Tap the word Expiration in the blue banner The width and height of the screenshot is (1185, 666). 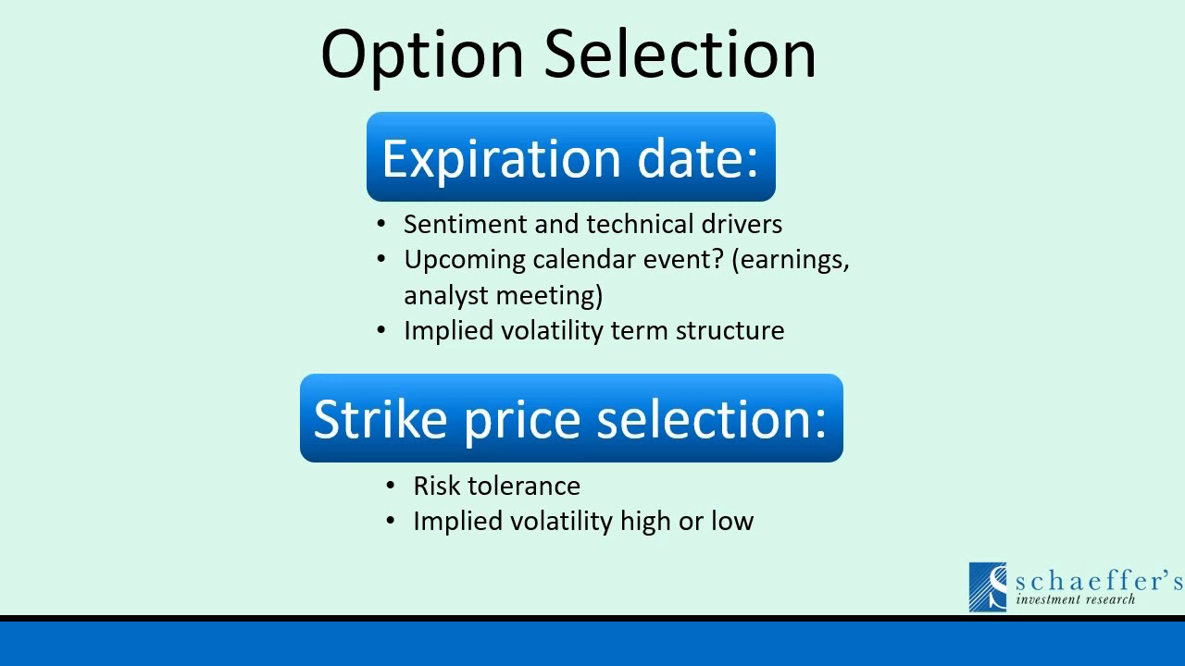(x=501, y=159)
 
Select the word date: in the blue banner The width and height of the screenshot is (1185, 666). (x=698, y=158)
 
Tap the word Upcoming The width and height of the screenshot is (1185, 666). (x=465, y=261)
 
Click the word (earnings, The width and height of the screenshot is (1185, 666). (x=791, y=261)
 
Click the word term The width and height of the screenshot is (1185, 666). (x=640, y=331)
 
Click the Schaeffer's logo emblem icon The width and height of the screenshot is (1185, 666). (x=988, y=586)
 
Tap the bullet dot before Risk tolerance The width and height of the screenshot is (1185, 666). (x=391, y=487)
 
